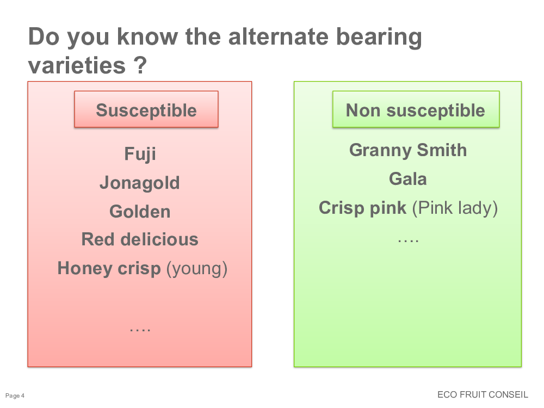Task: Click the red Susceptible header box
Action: tap(146, 109)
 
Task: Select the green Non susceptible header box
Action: tap(416, 109)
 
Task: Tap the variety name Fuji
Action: tap(140, 154)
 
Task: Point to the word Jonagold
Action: tap(140, 183)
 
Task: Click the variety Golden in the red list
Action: tap(140, 212)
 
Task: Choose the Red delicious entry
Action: tap(140, 239)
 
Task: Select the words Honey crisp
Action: tap(109, 269)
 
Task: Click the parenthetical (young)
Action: tap(197, 269)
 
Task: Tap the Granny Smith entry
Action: tap(408, 150)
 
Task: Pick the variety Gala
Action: tap(407, 179)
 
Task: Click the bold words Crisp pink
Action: tap(362, 208)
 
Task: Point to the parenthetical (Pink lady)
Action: tap(455, 208)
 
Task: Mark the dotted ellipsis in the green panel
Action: tap(409, 240)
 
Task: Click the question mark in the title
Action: tap(140, 65)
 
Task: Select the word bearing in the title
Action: tap(379, 38)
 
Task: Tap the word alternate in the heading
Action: tap(278, 36)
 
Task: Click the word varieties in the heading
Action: tap(77, 65)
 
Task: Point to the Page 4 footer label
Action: tap(15, 395)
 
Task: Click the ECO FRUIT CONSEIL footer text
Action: tap(483, 394)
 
